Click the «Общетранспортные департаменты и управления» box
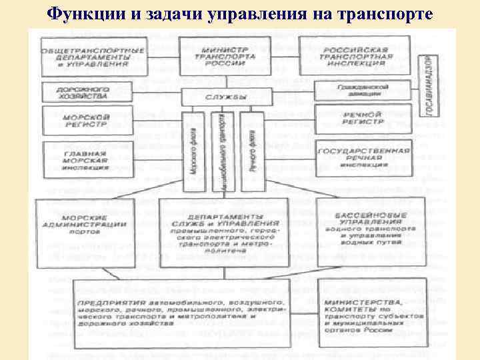[x=93, y=57]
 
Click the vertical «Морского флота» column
[x=193, y=151]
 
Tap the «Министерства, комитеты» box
[x=370, y=313]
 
